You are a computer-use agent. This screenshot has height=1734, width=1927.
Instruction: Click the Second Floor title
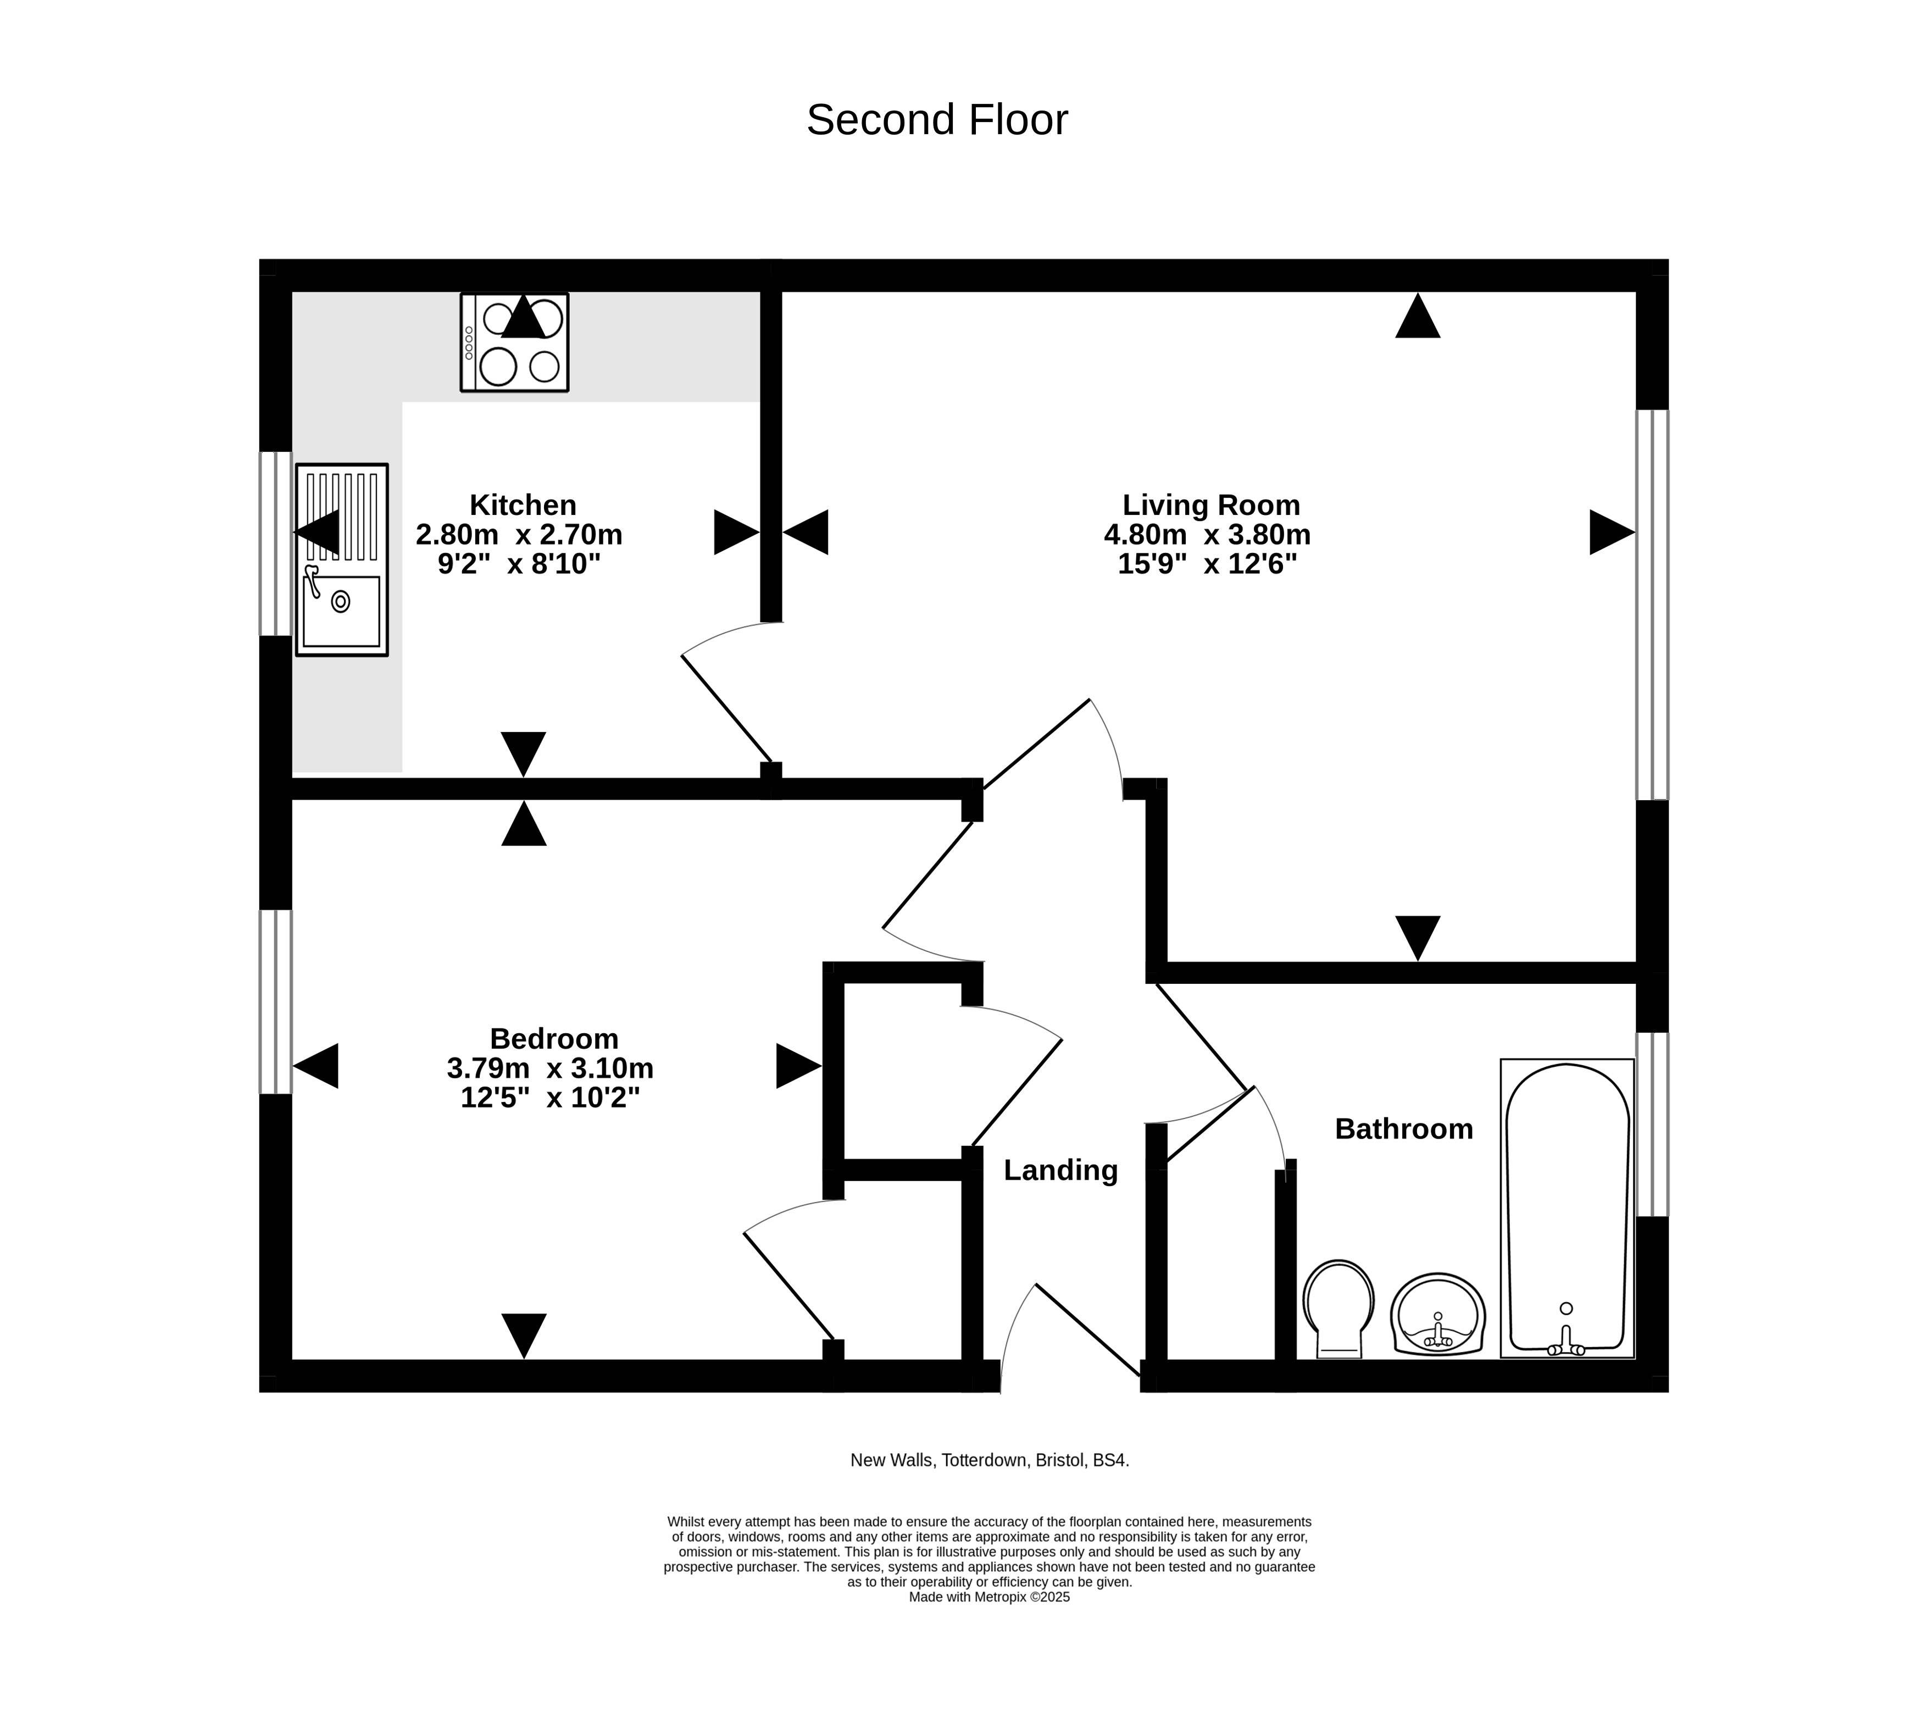(937, 120)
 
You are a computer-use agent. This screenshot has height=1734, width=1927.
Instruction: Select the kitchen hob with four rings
(514, 342)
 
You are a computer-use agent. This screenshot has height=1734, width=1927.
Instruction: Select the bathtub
(1567, 1208)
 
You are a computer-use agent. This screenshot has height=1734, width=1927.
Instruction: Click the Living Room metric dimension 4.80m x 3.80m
(1207, 535)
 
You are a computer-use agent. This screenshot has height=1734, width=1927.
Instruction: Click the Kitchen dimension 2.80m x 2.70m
(519, 535)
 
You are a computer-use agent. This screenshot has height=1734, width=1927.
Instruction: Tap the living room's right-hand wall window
(1653, 605)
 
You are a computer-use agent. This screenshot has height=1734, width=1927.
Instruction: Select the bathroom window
(1653, 1124)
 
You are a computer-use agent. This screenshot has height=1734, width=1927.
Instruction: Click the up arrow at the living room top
(1418, 315)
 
